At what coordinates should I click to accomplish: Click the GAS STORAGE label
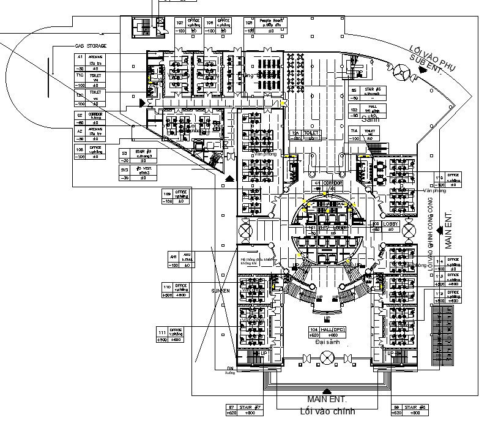point(91,46)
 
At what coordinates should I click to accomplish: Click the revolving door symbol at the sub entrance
point(402,72)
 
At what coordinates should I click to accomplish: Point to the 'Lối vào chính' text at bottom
point(327,410)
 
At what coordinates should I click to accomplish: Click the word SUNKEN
point(220,291)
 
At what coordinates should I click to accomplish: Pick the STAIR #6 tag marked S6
point(406,409)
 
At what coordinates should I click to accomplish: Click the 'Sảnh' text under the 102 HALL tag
point(369,120)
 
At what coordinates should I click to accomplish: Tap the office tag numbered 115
point(447,179)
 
